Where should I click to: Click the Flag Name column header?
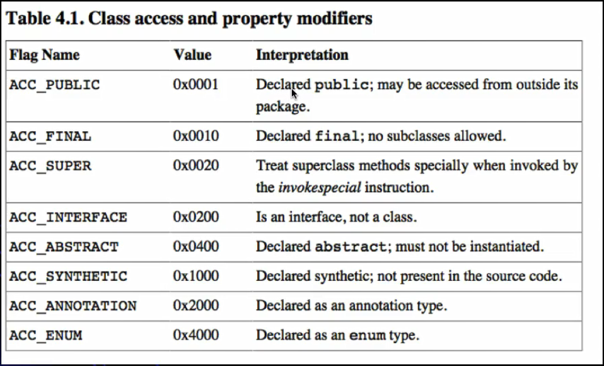pos(44,55)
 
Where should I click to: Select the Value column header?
pos(192,55)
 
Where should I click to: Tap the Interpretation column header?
pos(302,55)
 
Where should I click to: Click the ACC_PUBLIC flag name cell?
pos(54,85)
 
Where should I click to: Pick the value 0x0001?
pos(195,84)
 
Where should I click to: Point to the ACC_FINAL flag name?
pos(50,136)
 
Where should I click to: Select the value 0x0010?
pos(195,135)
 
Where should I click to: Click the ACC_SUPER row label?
pos(50,166)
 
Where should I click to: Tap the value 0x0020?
pos(195,165)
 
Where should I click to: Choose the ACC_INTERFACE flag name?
pos(68,217)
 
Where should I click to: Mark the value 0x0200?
pos(195,216)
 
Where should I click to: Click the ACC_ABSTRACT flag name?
pos(64,247)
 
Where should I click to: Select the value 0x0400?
pos(195,246)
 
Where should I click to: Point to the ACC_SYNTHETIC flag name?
pos(68,276)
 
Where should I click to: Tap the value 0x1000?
pos(195,276)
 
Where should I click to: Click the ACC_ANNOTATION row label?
pos(73,306)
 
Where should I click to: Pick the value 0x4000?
pos(195,334)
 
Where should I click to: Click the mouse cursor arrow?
pos(294,93)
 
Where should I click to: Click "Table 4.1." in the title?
pos(44,19)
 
